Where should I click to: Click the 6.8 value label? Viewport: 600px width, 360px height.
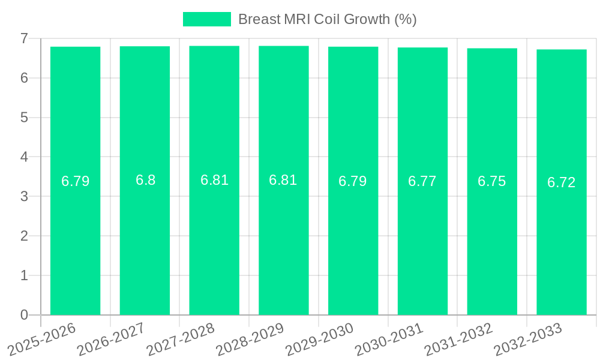[x=145, y=180]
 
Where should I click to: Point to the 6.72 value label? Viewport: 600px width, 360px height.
[x=562, y=182]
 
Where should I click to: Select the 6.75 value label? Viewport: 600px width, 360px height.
[x=492, y=181]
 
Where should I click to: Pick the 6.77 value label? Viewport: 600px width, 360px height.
[x=422, y=181]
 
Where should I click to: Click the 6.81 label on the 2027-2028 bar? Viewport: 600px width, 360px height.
[x=214, y=180]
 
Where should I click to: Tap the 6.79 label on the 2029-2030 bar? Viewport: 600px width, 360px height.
[x=353, y=181]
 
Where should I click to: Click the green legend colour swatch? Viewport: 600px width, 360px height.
[x=206, y=19]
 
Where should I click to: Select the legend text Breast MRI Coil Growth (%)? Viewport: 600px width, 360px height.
[x=327, y=19]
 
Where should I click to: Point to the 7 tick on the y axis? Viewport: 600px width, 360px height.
[x=24, y=38]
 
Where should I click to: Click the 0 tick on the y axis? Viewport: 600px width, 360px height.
[x=24, y=315]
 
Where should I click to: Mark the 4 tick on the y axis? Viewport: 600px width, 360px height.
[x=24, y=157]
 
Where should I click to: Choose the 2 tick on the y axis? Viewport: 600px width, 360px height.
[x=24, y=236]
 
